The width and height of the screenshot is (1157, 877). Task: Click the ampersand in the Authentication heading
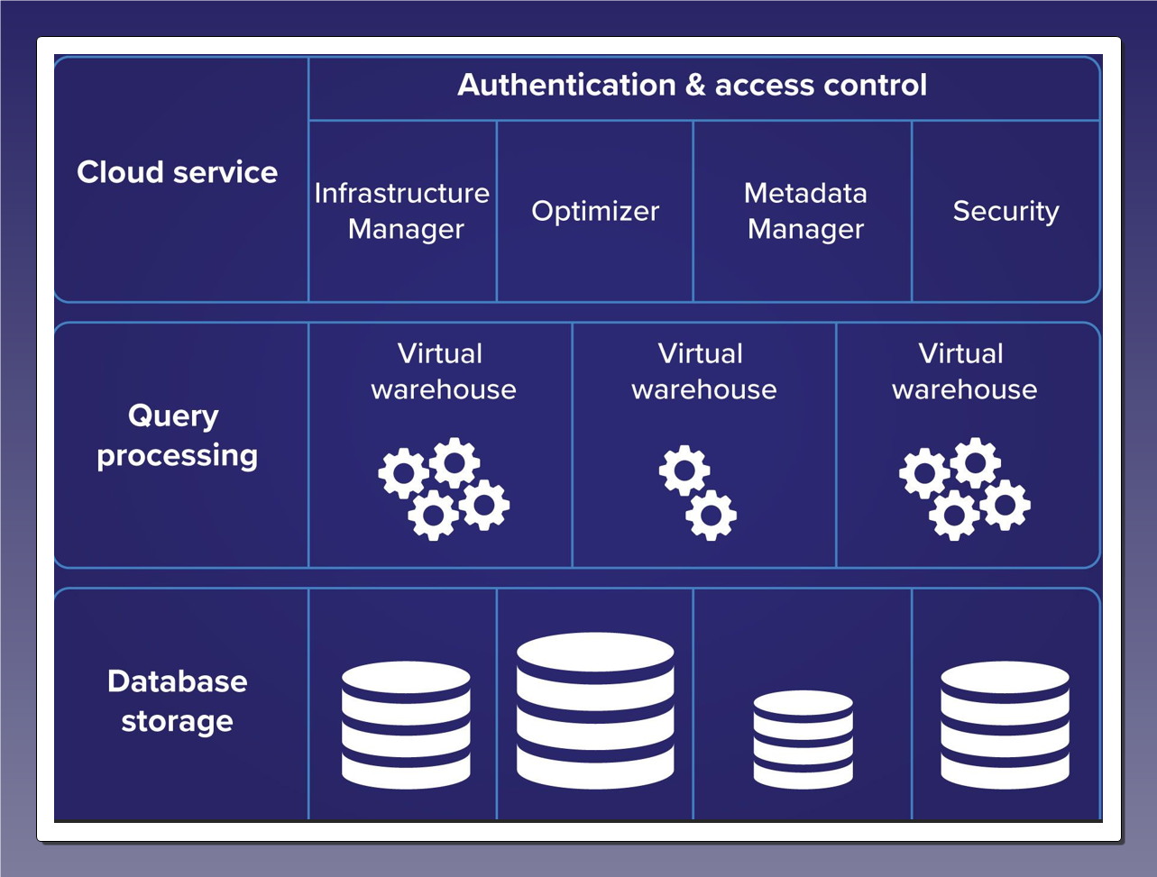pyautogui.click(x=694, y=85)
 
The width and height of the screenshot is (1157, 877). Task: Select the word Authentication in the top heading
pyautogui.click(x=566, y=85)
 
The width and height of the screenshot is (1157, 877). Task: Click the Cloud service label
pyautogui.click(x=178, y=172)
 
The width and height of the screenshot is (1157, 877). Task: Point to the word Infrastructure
pyautogui.click(x=402, y=193)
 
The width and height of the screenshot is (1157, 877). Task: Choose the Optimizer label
pyautogui.click(x=595, y=211)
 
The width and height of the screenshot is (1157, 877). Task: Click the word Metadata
pyautogui.click(x=805, y=193)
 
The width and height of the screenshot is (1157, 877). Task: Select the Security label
pyautogui.click(x=1005, y=211)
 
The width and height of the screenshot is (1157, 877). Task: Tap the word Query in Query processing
pyautogui.click(x=173, y=416)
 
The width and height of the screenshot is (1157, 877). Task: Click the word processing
pyautogui.click(x=178, y=455)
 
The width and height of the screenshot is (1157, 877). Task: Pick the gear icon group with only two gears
pyautogui.click(x=698, y=492)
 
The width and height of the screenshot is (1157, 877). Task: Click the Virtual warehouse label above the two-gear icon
pyautogui.click(x=703, y=371)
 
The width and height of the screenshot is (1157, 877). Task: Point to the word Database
pyautogui.click(x=178, y=681)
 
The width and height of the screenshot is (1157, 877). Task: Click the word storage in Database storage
pyautogui.click(x=178, y=721)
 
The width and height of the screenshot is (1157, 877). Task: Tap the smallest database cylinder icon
pyautogui.click(x=803, y=739)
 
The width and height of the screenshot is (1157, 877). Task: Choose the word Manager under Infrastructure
pyautogui.click(x=406, y=229)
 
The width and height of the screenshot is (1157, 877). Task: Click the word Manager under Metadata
pyautogui.click(x=805, y=229)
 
